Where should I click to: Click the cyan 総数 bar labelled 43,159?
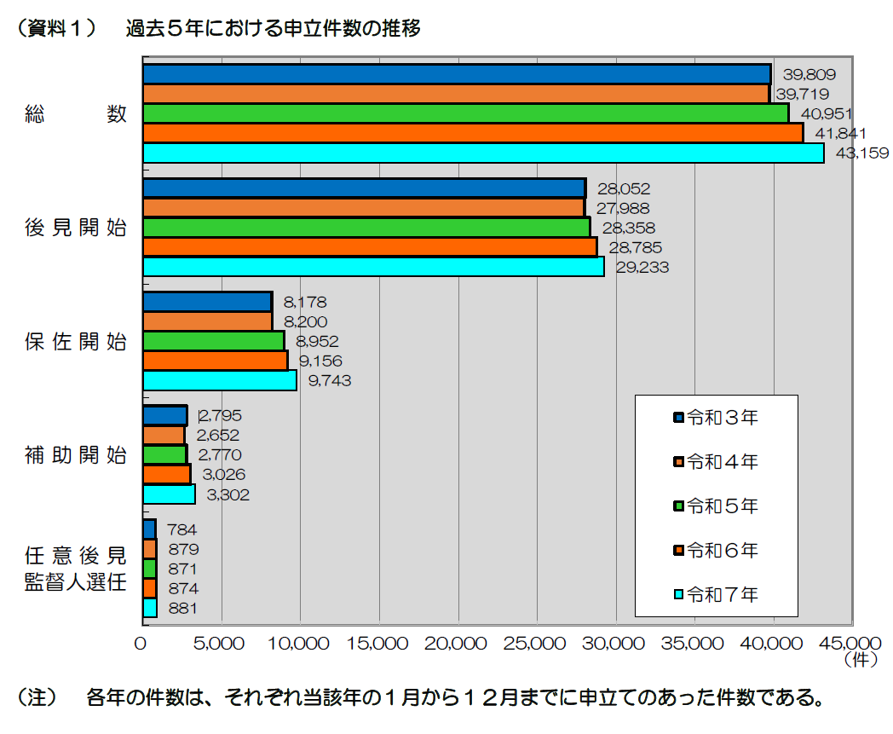click(483, 153)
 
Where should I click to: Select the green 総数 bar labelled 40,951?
click(465, 113)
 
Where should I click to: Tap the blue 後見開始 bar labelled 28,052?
click(364, 188)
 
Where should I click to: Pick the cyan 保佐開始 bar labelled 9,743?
click(219, 380)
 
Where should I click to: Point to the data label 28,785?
click(635, 247)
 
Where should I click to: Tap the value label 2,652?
click(218, 436)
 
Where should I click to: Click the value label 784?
click(182, 530)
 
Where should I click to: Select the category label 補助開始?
click(75, 454)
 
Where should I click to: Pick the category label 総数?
click(75, 113)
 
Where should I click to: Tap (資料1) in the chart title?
click(53, 29)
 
